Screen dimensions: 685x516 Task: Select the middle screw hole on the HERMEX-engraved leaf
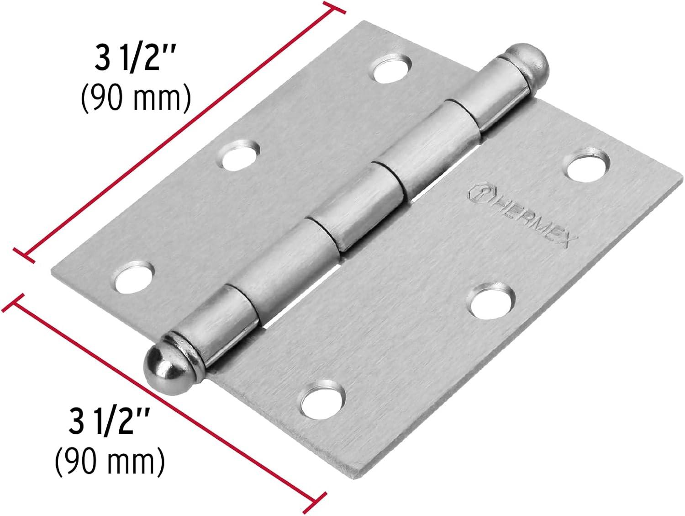491,301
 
